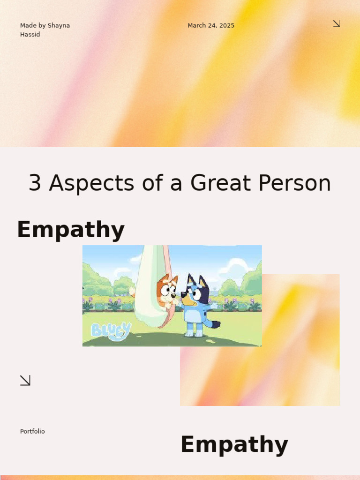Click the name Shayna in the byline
59,25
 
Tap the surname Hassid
30,34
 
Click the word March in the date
196,25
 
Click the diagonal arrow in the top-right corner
336,23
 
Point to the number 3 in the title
35,183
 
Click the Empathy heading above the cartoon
71,230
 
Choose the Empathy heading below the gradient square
234,444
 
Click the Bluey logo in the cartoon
111,330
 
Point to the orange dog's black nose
173,296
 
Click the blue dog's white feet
194,333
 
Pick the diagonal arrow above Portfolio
25,380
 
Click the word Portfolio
32,431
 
